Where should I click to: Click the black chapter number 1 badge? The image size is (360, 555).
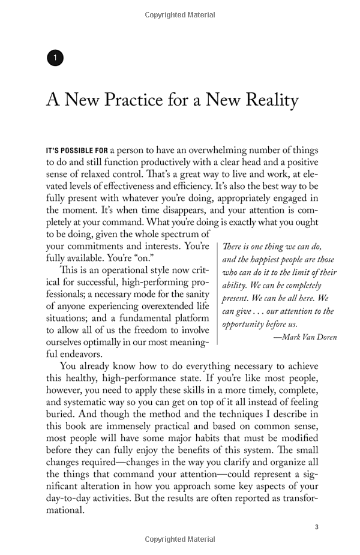click(55, 58)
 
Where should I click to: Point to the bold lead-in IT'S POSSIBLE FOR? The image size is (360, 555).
click(76, 150)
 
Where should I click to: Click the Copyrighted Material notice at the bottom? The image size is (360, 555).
click(179, 540)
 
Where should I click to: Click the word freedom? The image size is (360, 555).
click(143, 331)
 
